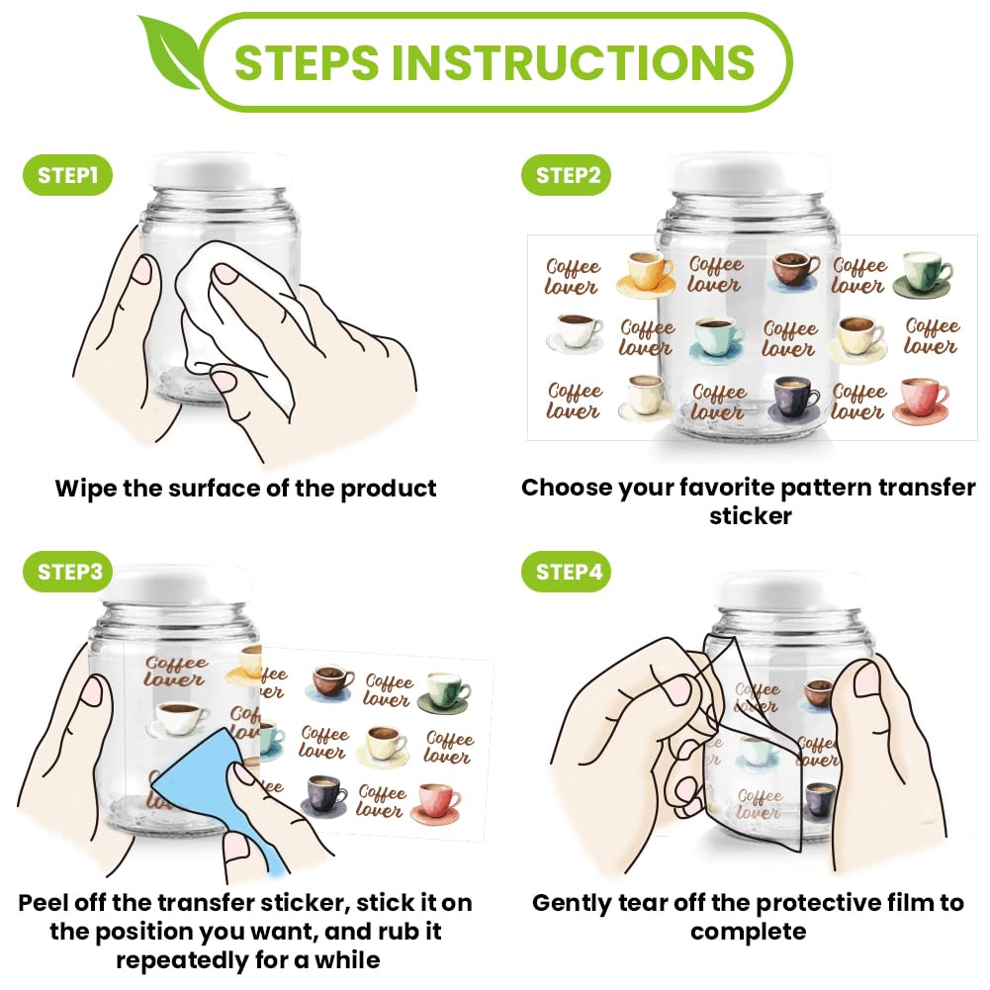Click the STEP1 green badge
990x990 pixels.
coord(67,175)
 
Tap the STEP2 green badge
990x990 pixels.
coord(567,175)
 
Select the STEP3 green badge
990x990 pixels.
coord(67,572)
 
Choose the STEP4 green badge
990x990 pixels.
coord(567,572)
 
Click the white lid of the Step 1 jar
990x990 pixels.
coord(220,170)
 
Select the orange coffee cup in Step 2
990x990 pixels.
coord(645,273)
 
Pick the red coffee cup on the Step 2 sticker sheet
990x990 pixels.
coord(921,400)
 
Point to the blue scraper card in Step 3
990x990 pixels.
coord(209,789)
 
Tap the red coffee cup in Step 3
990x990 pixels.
coord(435,804)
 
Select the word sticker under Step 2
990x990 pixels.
coord(750,516)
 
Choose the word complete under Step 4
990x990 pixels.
coord(748,933)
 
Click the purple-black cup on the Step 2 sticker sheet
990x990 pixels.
coord(794,399)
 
